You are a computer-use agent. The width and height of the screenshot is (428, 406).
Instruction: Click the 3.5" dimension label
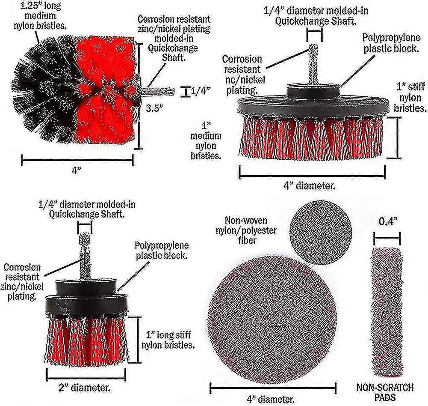(154, 108)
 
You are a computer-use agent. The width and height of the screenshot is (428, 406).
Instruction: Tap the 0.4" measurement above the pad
(388, 221)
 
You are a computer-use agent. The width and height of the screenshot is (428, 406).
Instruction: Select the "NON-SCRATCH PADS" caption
(385, 392)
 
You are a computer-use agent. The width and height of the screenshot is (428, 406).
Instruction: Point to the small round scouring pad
(320, 233)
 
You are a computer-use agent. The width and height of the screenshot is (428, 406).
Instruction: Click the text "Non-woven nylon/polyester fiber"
(246, 230)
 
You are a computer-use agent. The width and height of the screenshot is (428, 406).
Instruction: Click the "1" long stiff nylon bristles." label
(168, 340)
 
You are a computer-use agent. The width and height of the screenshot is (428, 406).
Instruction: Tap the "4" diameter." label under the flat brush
(310, 186)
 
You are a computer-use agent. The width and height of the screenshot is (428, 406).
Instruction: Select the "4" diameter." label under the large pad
(271, 400)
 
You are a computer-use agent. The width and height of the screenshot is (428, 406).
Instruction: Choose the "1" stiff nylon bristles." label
(410, 98)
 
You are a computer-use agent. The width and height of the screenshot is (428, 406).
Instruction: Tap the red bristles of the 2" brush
(86, 340)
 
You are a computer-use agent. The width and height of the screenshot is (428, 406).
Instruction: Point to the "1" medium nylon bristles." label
(206, 141)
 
